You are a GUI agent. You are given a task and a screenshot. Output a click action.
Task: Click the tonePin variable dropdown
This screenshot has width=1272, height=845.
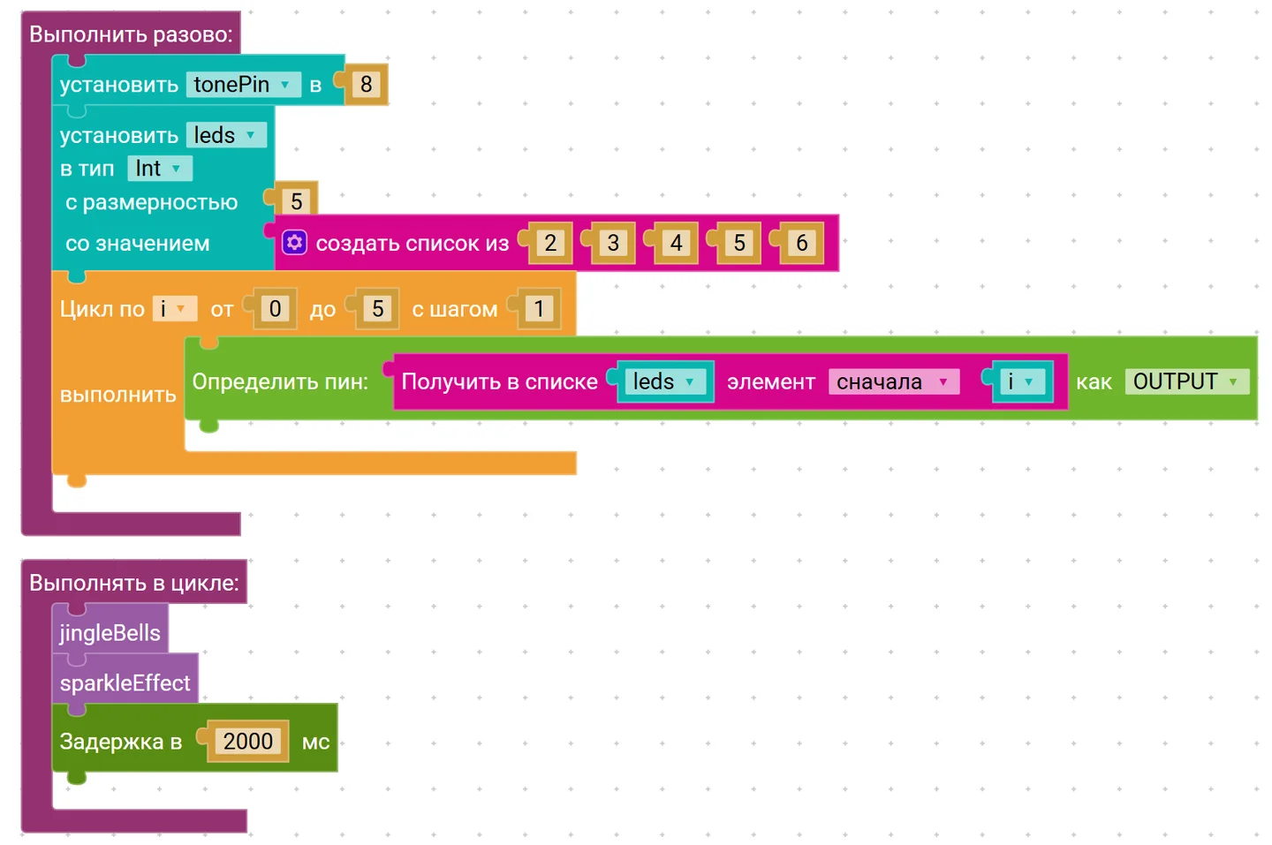click(x=243, y=85)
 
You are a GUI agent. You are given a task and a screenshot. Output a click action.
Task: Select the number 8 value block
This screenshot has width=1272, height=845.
click(x=366, y=85)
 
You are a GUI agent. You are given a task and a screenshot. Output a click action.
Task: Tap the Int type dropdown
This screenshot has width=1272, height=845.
click(x=160, y=169)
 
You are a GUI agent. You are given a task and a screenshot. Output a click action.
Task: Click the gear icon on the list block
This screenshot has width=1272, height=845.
click(x=294, y=243)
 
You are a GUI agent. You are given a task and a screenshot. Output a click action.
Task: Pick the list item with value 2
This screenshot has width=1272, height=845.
click(x=549, y=243)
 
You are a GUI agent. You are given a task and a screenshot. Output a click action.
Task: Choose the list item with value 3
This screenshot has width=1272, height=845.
click(x=613, y=243)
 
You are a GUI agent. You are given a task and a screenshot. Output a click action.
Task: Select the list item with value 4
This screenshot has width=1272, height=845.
click(x=676, y=243)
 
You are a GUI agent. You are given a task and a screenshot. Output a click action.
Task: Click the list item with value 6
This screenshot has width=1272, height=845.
click(x=801, y=243)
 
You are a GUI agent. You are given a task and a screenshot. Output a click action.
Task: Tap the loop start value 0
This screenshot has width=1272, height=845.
click(x=275, y=309)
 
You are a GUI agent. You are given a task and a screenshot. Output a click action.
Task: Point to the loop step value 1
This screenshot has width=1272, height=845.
click(x=539, y=309)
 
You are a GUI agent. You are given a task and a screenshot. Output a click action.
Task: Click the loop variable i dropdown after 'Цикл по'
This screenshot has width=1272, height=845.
click(x=174, y=309)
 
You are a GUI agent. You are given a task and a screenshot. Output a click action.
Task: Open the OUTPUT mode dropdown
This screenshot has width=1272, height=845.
click(x=1187, y=381)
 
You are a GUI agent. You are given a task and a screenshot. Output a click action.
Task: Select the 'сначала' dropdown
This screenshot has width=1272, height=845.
click(x=894, y=382)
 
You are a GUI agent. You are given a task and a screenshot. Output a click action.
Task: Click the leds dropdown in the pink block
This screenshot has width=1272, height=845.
click(x=665, y=381)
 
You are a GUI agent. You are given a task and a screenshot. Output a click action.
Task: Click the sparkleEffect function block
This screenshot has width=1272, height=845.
click(x=125, y=682)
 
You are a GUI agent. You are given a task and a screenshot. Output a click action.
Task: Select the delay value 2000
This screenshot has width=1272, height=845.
click(x=248, y=741)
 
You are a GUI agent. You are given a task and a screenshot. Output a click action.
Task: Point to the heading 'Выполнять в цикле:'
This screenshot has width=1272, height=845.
click(x=134, y=583)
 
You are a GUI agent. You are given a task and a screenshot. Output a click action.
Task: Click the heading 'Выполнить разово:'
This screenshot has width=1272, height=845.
click(x=131, y=34)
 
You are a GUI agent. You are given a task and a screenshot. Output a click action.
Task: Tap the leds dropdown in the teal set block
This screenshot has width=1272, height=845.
click(x=226, y=136)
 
